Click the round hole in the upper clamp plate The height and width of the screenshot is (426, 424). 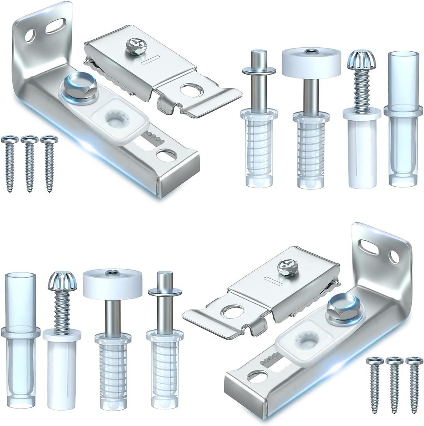pos(190,90)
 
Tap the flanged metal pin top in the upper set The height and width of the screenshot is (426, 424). pos(258,71)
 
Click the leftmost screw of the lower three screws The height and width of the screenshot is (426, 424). pos(375,383)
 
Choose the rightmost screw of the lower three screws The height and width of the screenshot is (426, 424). pos(414,383)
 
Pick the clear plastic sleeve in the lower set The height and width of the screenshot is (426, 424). pos(20,339)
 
